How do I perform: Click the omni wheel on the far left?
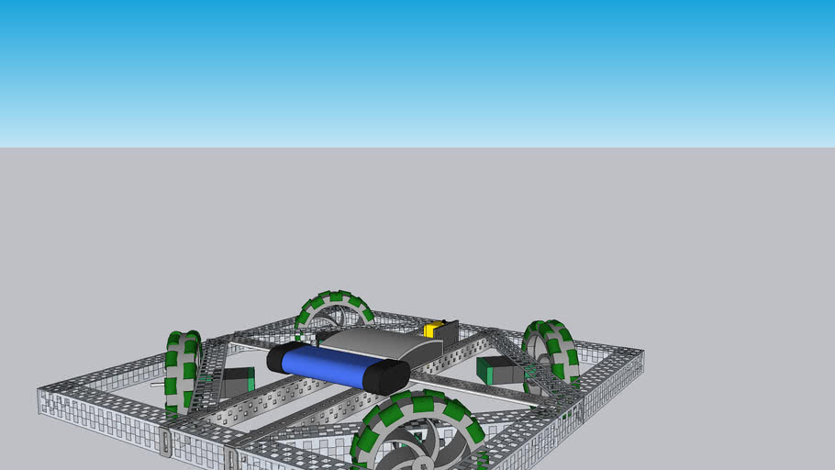[183, 372]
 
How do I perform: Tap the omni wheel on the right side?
[551, 353]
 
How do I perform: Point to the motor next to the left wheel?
[237, 382]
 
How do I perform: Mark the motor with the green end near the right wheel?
[498, 371]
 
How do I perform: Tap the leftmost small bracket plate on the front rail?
[165, 442]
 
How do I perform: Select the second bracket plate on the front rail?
[232, 458]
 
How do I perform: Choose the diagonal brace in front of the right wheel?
[532, 367]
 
